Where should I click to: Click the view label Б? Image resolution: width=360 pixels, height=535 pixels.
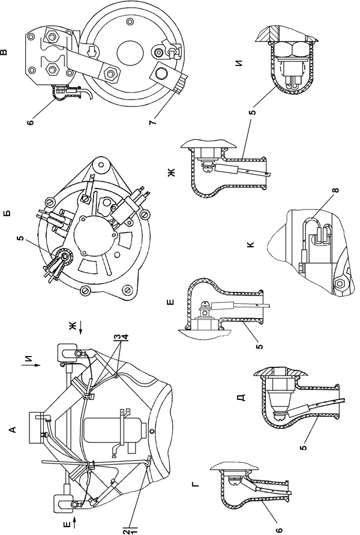click(7, 213)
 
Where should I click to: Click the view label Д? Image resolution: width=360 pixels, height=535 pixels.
click(242, 398)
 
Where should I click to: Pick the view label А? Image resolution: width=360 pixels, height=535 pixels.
click(13, 429)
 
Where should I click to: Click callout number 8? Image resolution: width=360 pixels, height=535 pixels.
click(337, 190)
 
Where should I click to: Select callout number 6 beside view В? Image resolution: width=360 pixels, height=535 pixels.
click(31, 122)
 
